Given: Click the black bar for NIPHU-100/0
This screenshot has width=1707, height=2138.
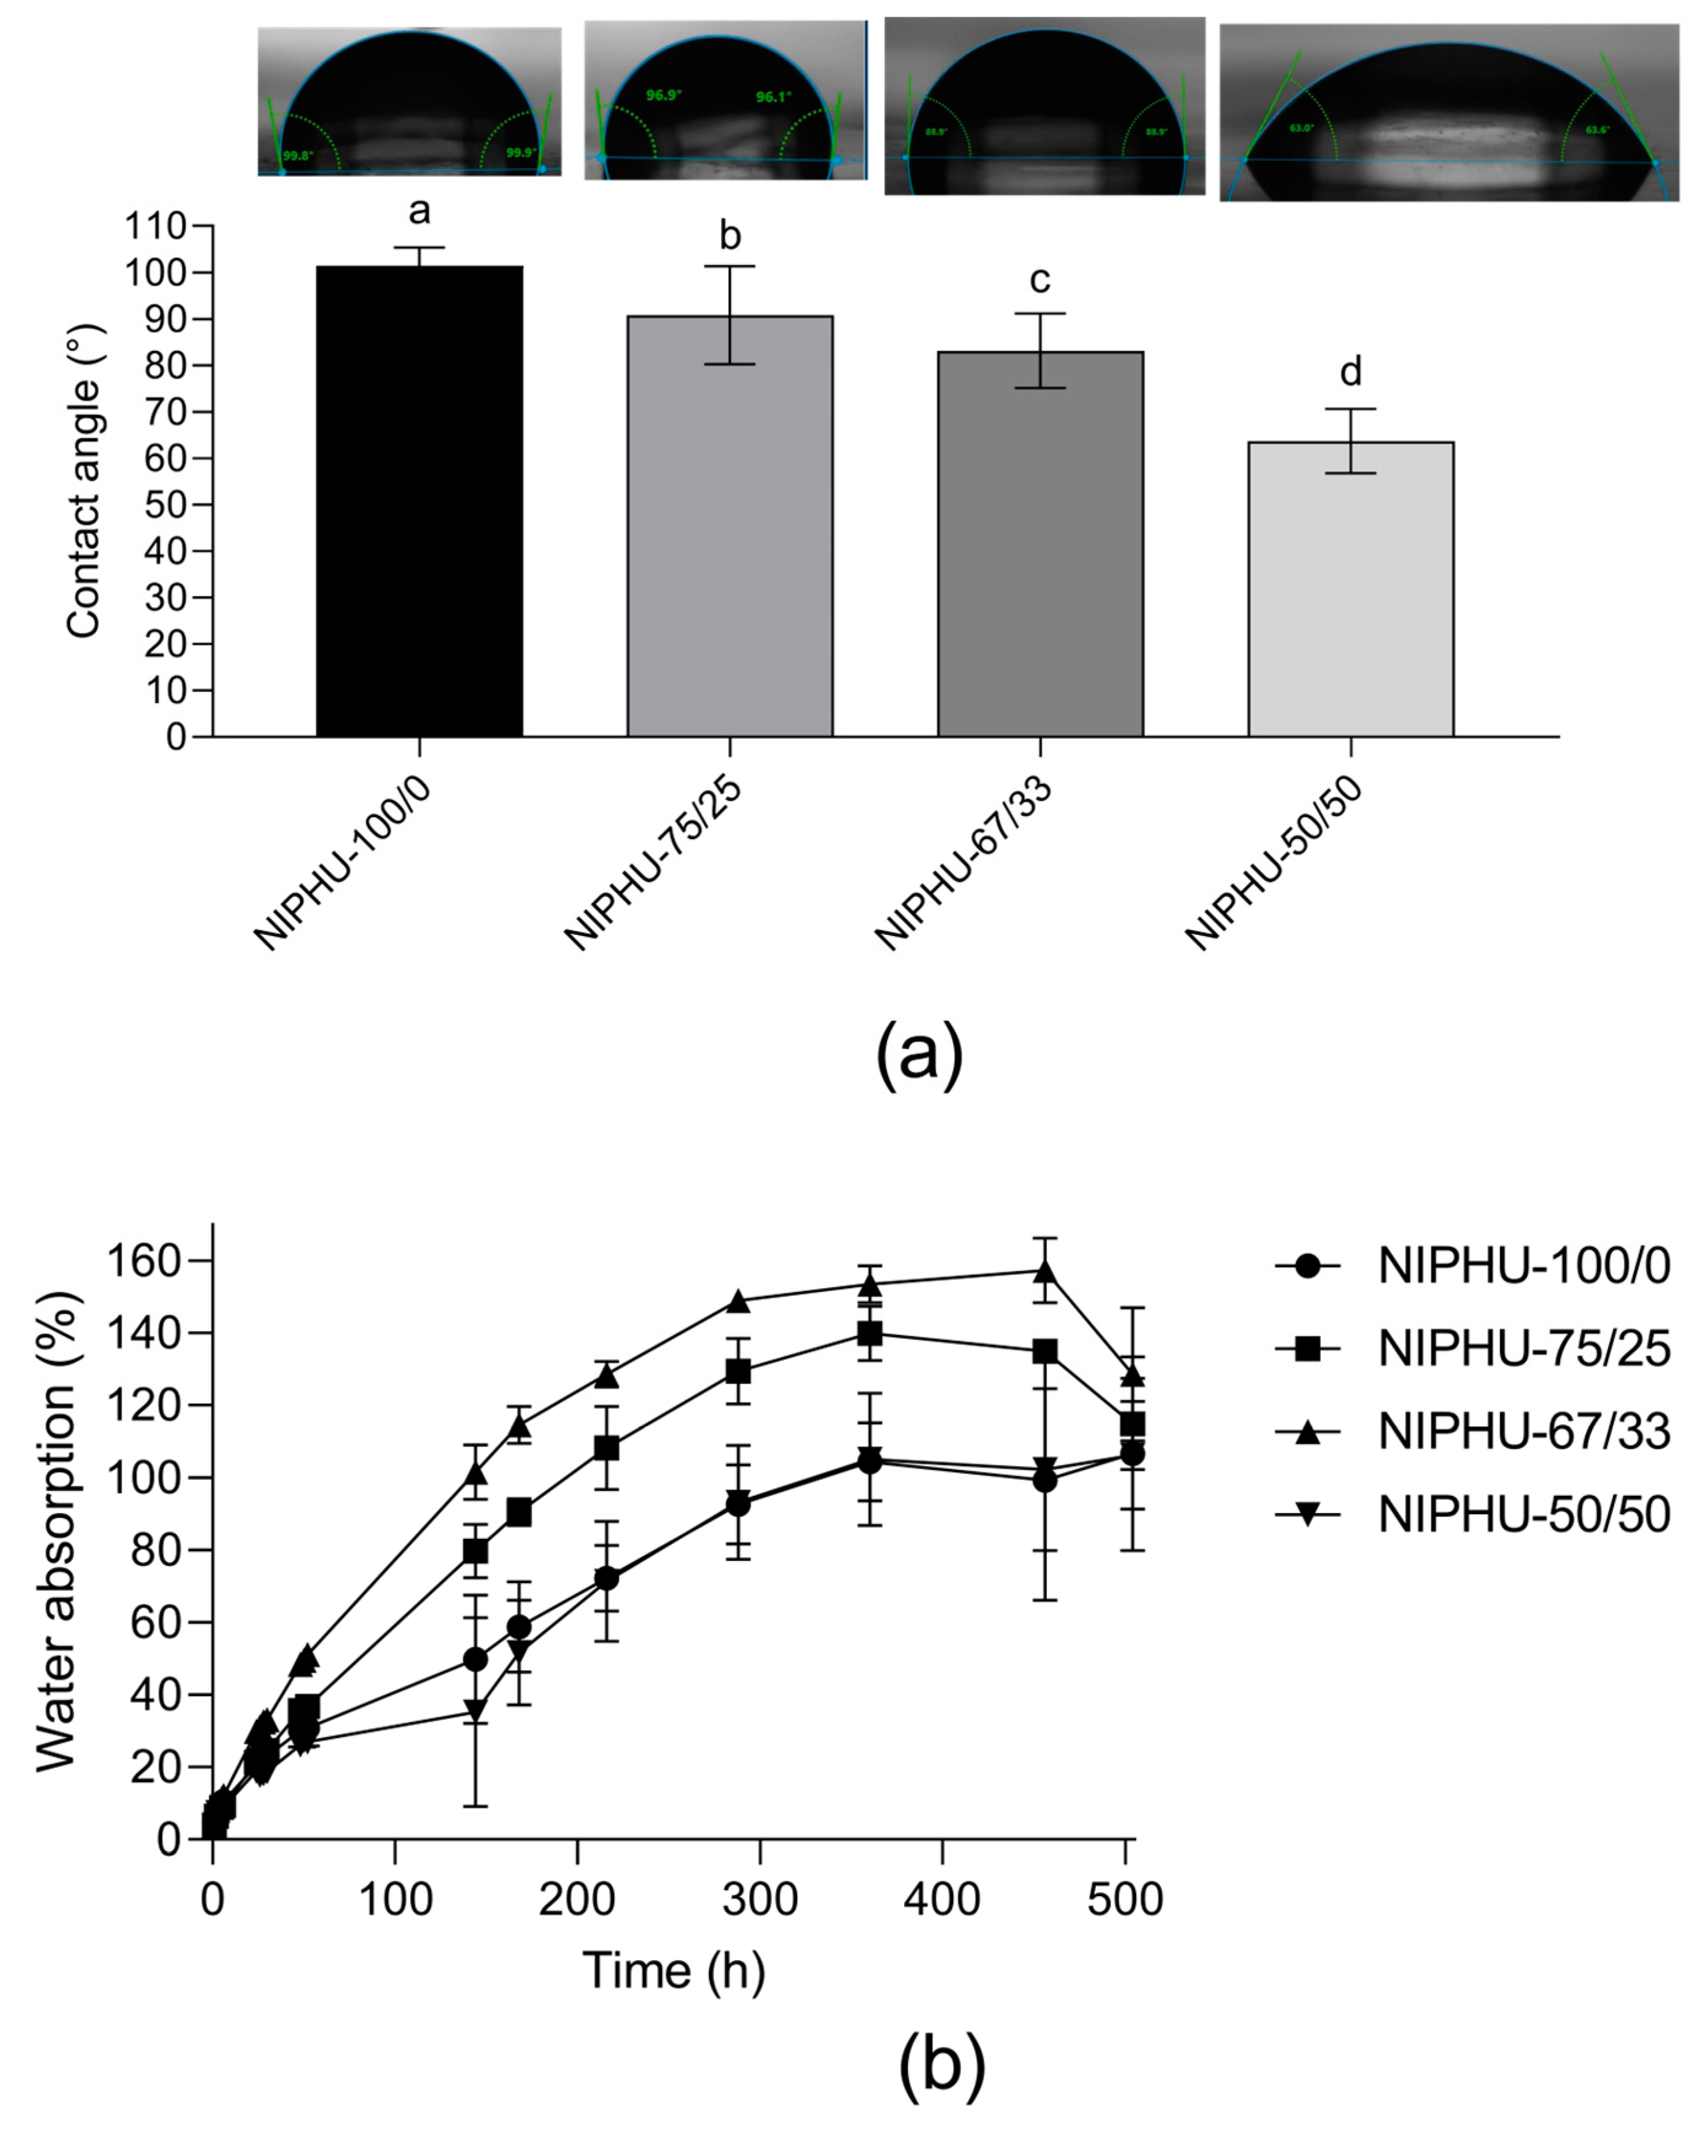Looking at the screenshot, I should pyautogui.click(x=419, y=501).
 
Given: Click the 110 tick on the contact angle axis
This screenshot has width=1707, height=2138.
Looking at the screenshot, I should pyautogui.click(x=156, y=227).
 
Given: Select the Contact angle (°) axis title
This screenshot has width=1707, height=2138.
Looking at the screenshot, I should pyautogui.click(x=84, y=482).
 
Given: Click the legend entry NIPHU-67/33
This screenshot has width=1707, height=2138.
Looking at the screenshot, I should pyautogui.click(x=1523, y=1432).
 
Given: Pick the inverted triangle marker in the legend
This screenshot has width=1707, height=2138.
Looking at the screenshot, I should pyautogui.click(x=1307, y=1514).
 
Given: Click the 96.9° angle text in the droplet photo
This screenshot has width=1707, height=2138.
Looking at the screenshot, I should pyautogui.click(x=664, y=95).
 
